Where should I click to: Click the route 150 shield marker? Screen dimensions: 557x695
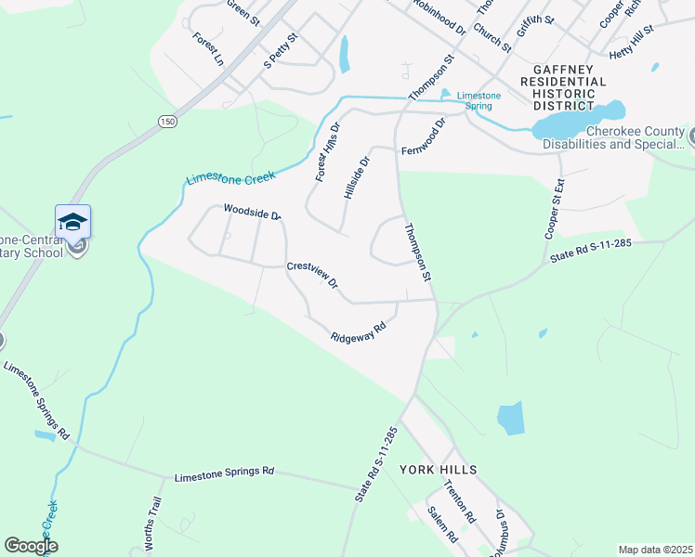click(166, 122)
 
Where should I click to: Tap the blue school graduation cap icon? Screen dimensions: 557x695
click(72, 222)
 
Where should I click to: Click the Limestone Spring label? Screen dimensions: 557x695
click(481, 101)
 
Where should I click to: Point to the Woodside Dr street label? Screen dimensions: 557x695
click(252, 213)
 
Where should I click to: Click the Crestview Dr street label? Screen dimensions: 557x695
click(312, 275)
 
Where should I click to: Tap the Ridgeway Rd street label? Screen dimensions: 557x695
click(359, 333)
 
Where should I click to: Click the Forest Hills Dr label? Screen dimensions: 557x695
click(327, 151)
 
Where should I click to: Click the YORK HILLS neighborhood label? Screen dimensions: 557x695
click(439, 470)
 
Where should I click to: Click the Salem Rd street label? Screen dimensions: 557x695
click(442, 525)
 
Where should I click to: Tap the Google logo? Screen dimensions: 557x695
click(31, 546)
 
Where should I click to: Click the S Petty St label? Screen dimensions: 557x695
click(280, 51)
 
